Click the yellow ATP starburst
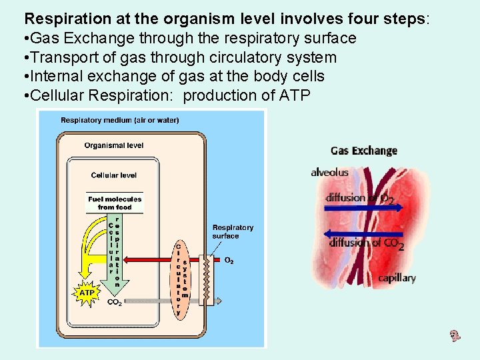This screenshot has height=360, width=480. (x=87, y=292)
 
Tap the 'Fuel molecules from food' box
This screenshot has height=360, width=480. (x=115, y=203)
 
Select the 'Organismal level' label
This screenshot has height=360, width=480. (x=114, y=145)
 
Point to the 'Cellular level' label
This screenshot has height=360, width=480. (x=114, y=175)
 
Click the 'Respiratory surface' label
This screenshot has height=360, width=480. (x=233, y=231)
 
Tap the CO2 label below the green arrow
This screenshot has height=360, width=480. (x=114, y=302)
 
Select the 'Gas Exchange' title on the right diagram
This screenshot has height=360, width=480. (x=364, y=150)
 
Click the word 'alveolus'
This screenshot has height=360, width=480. (x=329, y=173)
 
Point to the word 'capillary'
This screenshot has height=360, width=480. (x=397, y=278)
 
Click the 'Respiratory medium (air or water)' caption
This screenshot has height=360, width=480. (x=120, y=121)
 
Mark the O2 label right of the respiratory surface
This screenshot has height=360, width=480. (x=229, y=260)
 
